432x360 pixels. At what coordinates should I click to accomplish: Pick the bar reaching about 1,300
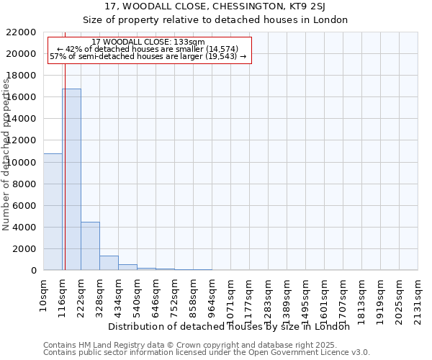coord(109,263)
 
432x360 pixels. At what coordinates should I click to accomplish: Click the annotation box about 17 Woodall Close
coord(149,49)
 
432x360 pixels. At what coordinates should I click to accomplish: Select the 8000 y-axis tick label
coord(24,184)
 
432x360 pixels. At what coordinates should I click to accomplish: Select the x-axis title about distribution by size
coord(233,326)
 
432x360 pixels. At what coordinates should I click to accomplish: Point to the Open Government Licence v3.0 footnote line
coord(207,352)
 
